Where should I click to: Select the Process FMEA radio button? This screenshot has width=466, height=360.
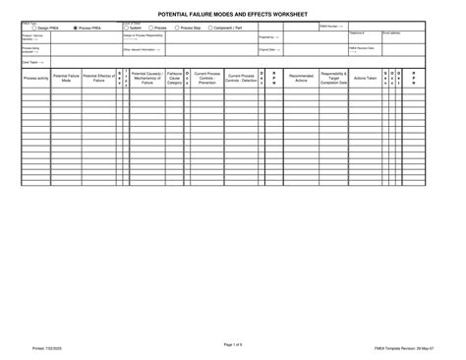pyautogui.click(x=77, y=28)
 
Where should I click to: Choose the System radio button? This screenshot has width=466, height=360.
pyautogui.click(x=127, y=28)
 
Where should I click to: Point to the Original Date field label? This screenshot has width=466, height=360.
pyautogui.click(x=266, y=48)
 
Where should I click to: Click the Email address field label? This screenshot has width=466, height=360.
pyautogui.click(x=391, y=32)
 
